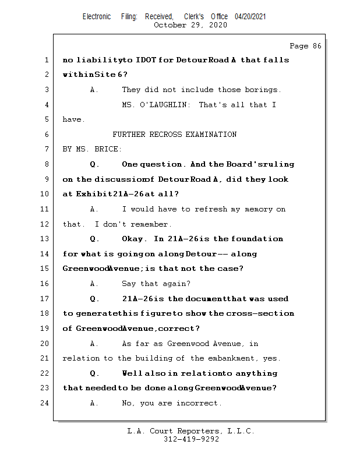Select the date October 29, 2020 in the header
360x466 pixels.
click(190, 25)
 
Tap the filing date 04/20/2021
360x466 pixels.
click(250, 16)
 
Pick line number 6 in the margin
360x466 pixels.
click(47, 135)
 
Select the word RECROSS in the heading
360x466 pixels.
click(166, 135)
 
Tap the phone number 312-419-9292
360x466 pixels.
click(191, 440)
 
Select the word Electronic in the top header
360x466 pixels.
click(97, 16)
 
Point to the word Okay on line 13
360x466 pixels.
click(135, 239)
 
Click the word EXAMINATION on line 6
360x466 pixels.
click(211, 135)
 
